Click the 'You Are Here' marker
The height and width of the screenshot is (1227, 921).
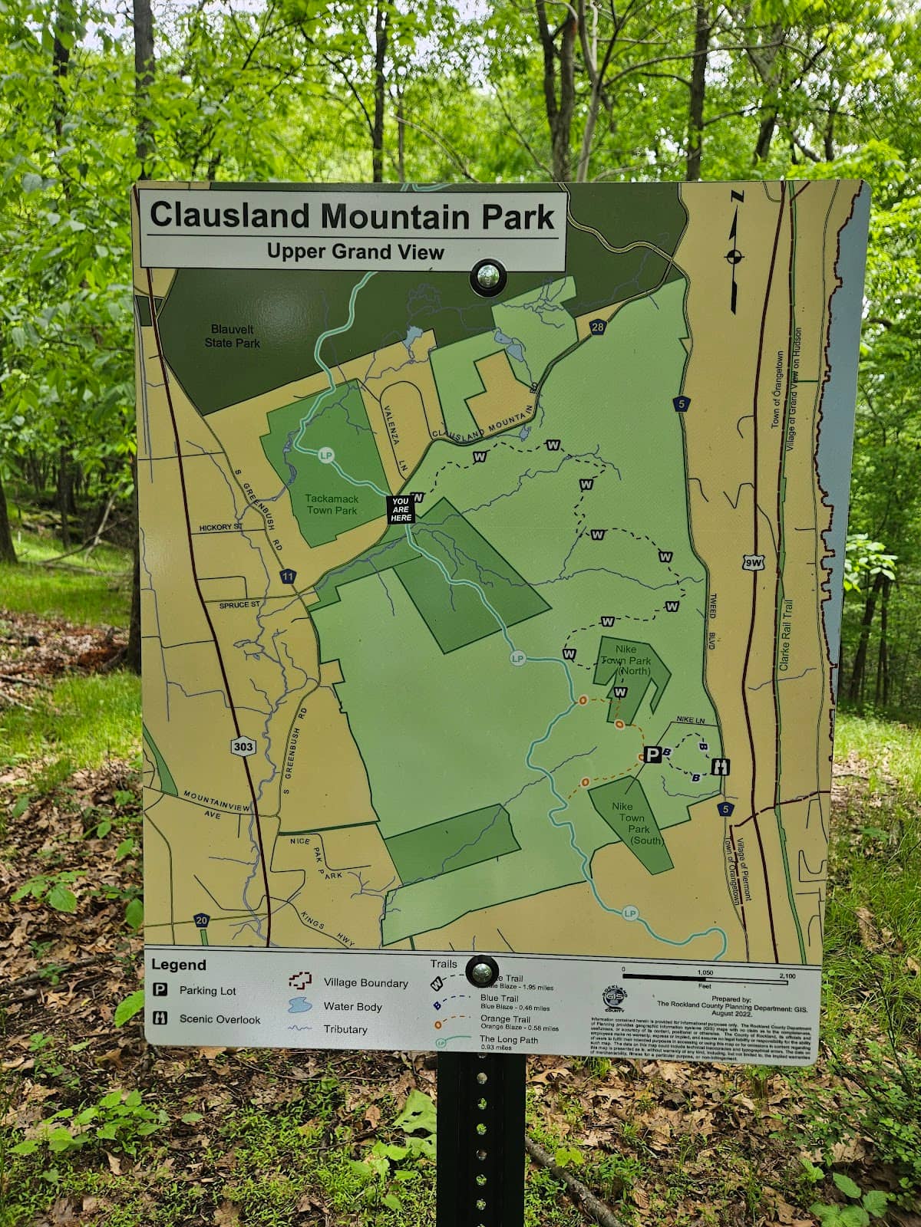coord(401,509)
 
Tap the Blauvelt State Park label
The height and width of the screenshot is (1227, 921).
coord(232,336)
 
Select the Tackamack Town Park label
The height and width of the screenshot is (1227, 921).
coord(332,504)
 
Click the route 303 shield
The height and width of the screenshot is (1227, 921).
coord(243,746)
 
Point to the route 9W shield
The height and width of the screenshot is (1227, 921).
coord(754,564)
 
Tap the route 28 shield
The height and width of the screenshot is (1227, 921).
coord(598,327)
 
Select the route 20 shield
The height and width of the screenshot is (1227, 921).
coord(201,920)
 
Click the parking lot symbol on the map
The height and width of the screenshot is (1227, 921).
coord(652,755)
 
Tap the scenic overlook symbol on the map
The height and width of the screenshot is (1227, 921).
coord(721,766)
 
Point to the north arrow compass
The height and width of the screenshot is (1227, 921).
coord(734,255)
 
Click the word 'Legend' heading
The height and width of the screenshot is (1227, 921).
coord(179,965)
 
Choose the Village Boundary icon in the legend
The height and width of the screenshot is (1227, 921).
coord(300,981)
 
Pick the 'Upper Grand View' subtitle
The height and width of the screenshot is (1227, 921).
coord(355,252)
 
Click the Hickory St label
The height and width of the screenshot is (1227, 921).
coord(221,528)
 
